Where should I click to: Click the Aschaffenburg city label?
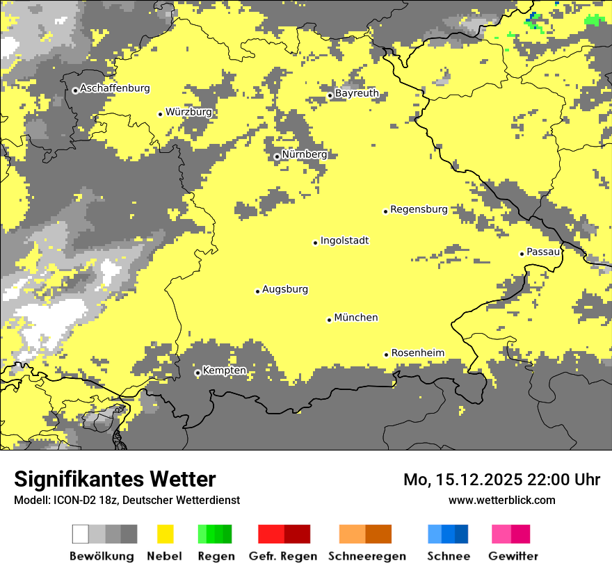115,88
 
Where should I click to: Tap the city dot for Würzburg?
161,114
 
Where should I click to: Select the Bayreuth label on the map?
357,93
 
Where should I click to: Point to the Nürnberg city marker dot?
277,156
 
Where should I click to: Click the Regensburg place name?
419,209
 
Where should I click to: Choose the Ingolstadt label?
344,241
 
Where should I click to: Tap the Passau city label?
543,252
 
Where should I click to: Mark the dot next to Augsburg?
257,291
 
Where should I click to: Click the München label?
356,318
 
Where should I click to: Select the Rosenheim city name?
417,353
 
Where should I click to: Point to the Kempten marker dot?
198,373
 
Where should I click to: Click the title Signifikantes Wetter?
115,480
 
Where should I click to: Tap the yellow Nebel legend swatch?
166,534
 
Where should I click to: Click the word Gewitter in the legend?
513,556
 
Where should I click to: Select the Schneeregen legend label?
367,556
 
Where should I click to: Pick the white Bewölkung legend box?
81,534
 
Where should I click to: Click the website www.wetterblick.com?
501,501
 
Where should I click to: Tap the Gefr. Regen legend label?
282,556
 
